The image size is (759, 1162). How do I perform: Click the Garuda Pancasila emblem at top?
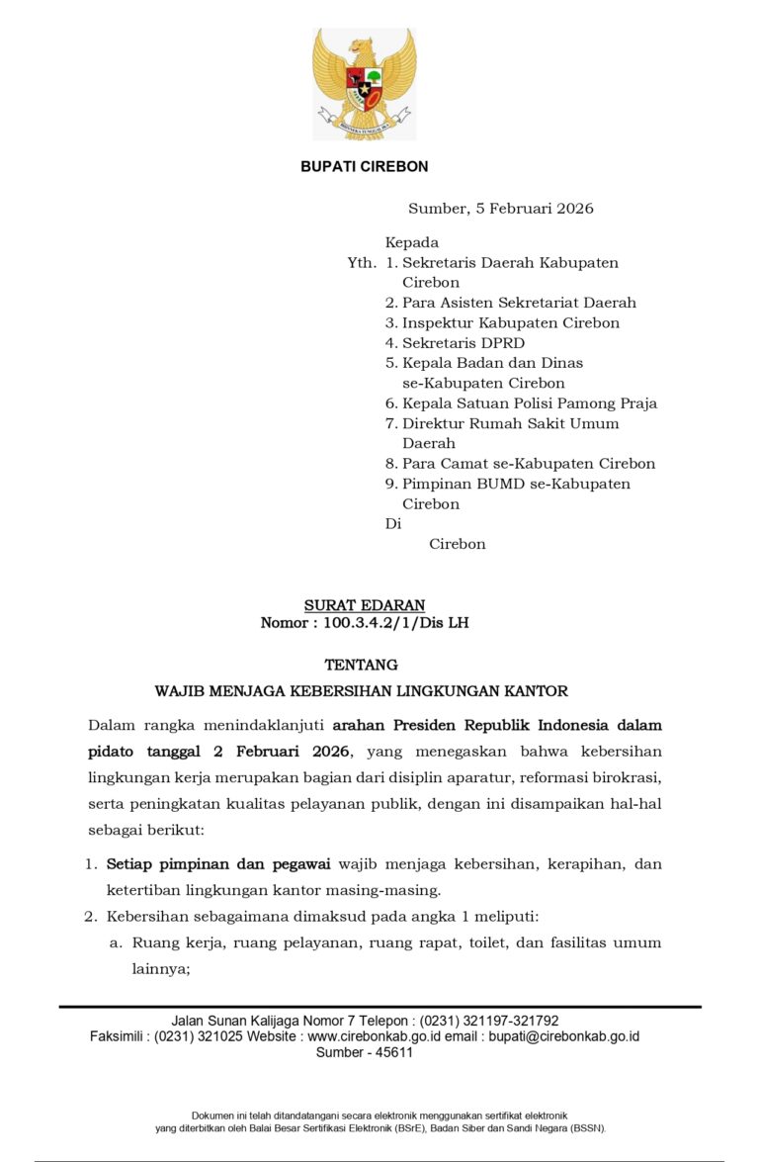click(364, 84)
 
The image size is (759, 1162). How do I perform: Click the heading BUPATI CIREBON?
click(364, 167)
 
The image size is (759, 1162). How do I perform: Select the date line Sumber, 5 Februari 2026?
click(500, 209)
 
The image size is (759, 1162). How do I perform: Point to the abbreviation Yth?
click(362, 263)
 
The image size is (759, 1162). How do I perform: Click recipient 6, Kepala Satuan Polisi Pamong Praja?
click(521, 403)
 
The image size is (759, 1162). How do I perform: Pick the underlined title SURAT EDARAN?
click(364, 605)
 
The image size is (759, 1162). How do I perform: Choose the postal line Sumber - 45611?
click(364, 1053)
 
